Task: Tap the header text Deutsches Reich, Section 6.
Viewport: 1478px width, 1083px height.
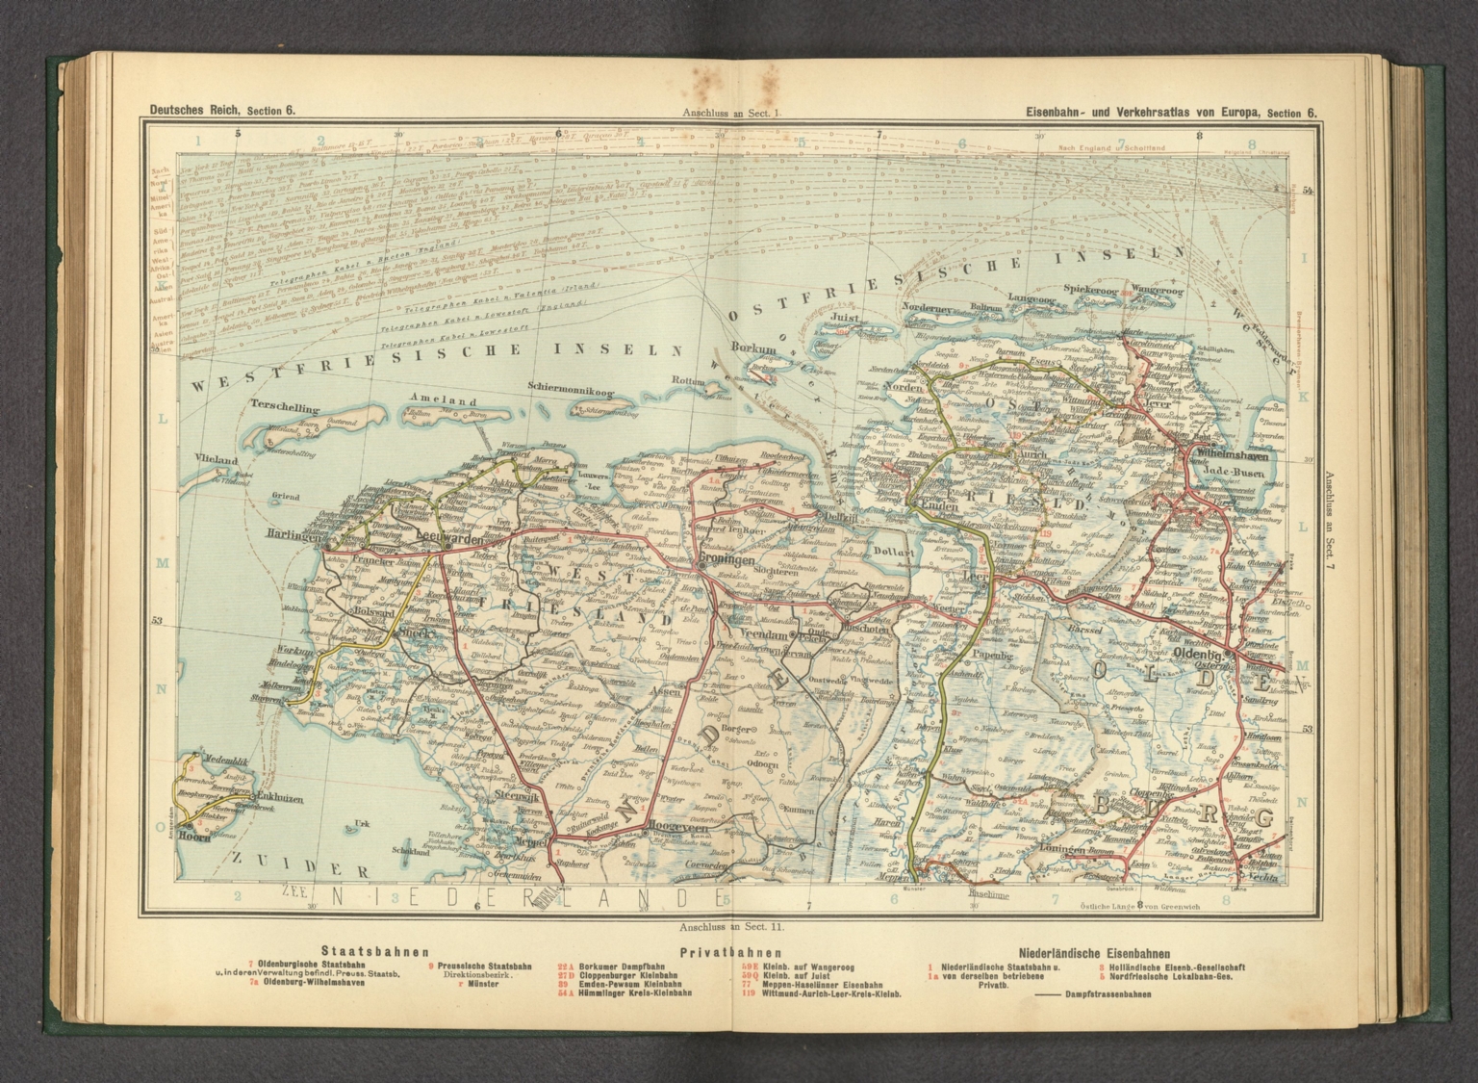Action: [x=222, y=111]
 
